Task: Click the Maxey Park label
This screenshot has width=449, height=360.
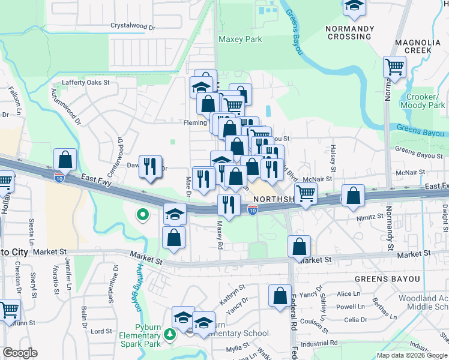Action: pos(240,40)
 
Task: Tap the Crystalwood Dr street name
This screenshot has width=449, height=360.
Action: pos(133,27)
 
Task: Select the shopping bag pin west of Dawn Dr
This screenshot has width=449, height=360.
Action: pos(65,160)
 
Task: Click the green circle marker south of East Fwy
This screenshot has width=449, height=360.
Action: pos(142,214)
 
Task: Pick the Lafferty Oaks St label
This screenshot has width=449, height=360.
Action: pos(86,83)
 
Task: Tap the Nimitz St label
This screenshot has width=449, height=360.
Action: pos(371,217)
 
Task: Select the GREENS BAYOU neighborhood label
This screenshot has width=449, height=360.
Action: pos(381,280)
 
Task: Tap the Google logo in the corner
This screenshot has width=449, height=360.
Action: pos(20,353)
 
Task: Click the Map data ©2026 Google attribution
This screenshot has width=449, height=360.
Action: pos(412,355)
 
